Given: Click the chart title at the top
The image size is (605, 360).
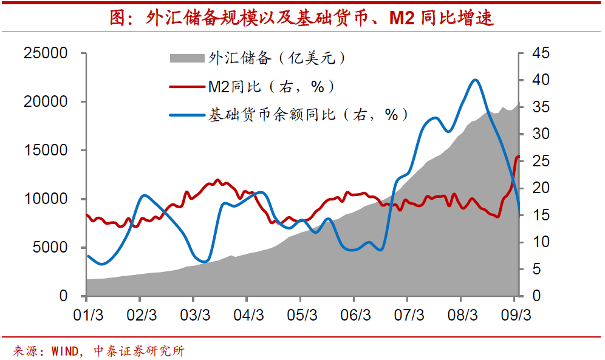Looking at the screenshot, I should pos(302,18).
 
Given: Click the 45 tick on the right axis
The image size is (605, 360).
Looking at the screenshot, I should pos(540,53).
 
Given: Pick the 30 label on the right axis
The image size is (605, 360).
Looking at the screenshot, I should pos(540,134).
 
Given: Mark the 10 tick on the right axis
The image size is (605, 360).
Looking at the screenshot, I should pos(540,242).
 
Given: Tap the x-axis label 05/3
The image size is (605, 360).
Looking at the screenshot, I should pos(302,316).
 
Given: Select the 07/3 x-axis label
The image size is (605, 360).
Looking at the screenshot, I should pos(409,316).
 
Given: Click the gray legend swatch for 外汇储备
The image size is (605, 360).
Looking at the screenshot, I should pos(187,59).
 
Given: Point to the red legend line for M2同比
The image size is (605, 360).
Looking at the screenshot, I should pos(187,87).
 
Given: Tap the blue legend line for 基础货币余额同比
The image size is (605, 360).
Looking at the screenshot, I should pos(187,114).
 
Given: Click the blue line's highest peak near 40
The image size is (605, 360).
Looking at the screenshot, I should pos(475,80).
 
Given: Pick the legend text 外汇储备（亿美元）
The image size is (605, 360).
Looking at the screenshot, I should pos(278,58).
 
